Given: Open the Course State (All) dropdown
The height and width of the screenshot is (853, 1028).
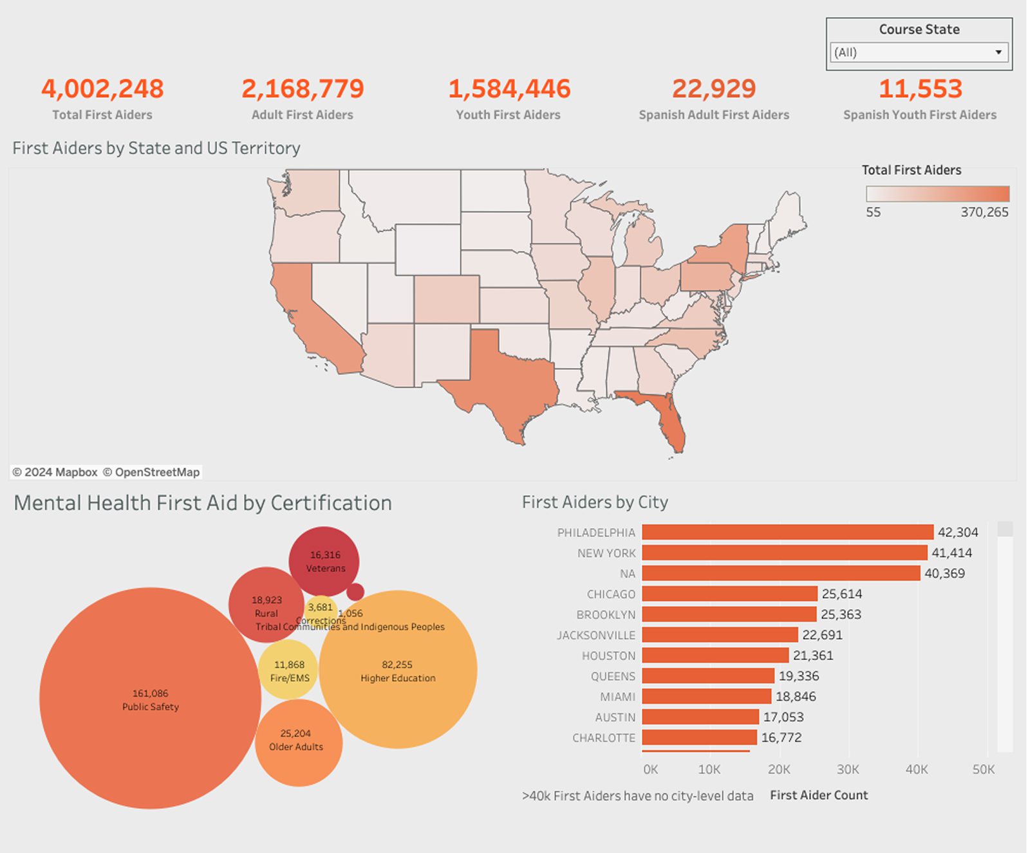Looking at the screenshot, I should (919, 53).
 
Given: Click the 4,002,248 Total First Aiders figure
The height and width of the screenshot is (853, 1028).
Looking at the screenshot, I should (102, 89).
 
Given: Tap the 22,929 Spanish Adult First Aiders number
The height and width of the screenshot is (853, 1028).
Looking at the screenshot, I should (714, 89).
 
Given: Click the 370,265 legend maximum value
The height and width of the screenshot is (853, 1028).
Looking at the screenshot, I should (984, 212).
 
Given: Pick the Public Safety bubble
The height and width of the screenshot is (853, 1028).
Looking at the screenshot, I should (150, 699).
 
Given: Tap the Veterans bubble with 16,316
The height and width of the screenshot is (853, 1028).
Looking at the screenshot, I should (324, 561).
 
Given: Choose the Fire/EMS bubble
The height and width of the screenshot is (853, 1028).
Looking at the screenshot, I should (289, 670).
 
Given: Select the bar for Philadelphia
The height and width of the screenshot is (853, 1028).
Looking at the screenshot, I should (787, 532).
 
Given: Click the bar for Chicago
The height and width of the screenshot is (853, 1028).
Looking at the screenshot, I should (729, 594).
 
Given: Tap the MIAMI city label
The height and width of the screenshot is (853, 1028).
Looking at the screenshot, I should (617, 697).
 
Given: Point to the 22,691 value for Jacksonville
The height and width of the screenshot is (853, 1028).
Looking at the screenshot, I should (822, 635).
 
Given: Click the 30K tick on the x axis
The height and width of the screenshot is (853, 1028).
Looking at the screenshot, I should (848, 769).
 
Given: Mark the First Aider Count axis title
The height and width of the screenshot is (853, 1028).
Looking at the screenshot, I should (819, 795).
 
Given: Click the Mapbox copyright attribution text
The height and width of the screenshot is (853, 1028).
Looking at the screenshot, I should (55, 472).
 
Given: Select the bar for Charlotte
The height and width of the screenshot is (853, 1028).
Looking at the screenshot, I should (699, 737).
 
